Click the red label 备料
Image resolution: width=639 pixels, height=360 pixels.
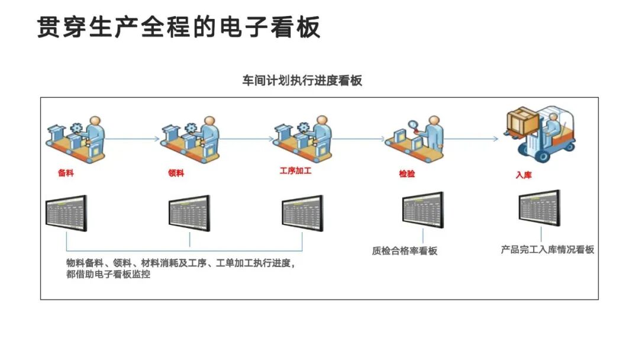[x=66, y=173]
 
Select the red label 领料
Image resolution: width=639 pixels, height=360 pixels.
[x=176, y=173]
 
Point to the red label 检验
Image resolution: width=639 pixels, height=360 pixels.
[x=407, y=174]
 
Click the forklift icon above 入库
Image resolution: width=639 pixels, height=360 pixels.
[x=540, y=136]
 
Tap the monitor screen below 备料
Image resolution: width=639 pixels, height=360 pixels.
[x=66, y=213]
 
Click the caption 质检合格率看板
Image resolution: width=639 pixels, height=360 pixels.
[x=405, y=251]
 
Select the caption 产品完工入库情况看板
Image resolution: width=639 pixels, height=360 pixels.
[x=547, y=250]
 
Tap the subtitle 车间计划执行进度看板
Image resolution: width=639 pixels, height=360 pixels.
[x=302, y=81]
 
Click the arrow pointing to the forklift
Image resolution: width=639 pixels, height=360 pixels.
[x=473, y=139]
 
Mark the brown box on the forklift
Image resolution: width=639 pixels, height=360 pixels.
[x=522, y=120]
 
